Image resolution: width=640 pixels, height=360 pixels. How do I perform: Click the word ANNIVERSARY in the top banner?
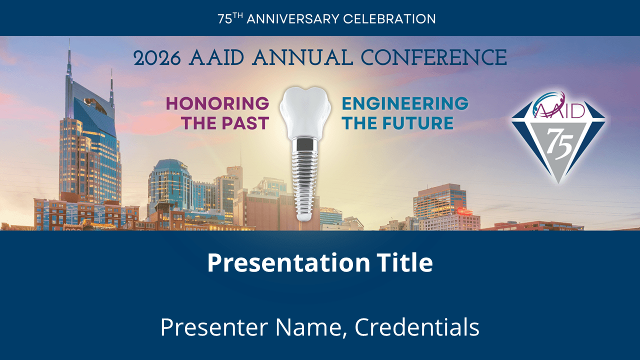pyautogui.click(x=293, y=19)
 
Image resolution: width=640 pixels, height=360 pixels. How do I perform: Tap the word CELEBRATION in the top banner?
pyautogui.click(x=389, y=19)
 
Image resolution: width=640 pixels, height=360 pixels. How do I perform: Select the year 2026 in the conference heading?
pyautogui.click(x=157, y=58)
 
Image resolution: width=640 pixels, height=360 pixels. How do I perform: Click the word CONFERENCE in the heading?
pyautogui.click(x=434, y=57)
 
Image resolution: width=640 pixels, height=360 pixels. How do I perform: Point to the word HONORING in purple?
pyautogui.click(x=217, y=103)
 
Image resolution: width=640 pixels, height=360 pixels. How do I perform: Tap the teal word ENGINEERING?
pyautogui.click(x=405, y=103)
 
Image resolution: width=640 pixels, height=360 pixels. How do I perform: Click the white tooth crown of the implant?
pyautogui.click(x=305, y=113)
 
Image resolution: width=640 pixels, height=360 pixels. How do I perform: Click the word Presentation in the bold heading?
pyautogui.click(x=288, y=263)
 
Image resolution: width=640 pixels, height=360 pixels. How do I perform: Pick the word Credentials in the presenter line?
pyautogui.click(x=417, y=327)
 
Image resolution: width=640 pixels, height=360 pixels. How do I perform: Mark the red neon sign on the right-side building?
pyautogui.click(x=464, y=211)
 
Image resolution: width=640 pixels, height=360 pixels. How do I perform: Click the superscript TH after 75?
pyautogui.click(x=238, y=15)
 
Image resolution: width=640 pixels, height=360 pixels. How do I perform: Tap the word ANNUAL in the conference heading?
pyautogui.click(x=303, y=57)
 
